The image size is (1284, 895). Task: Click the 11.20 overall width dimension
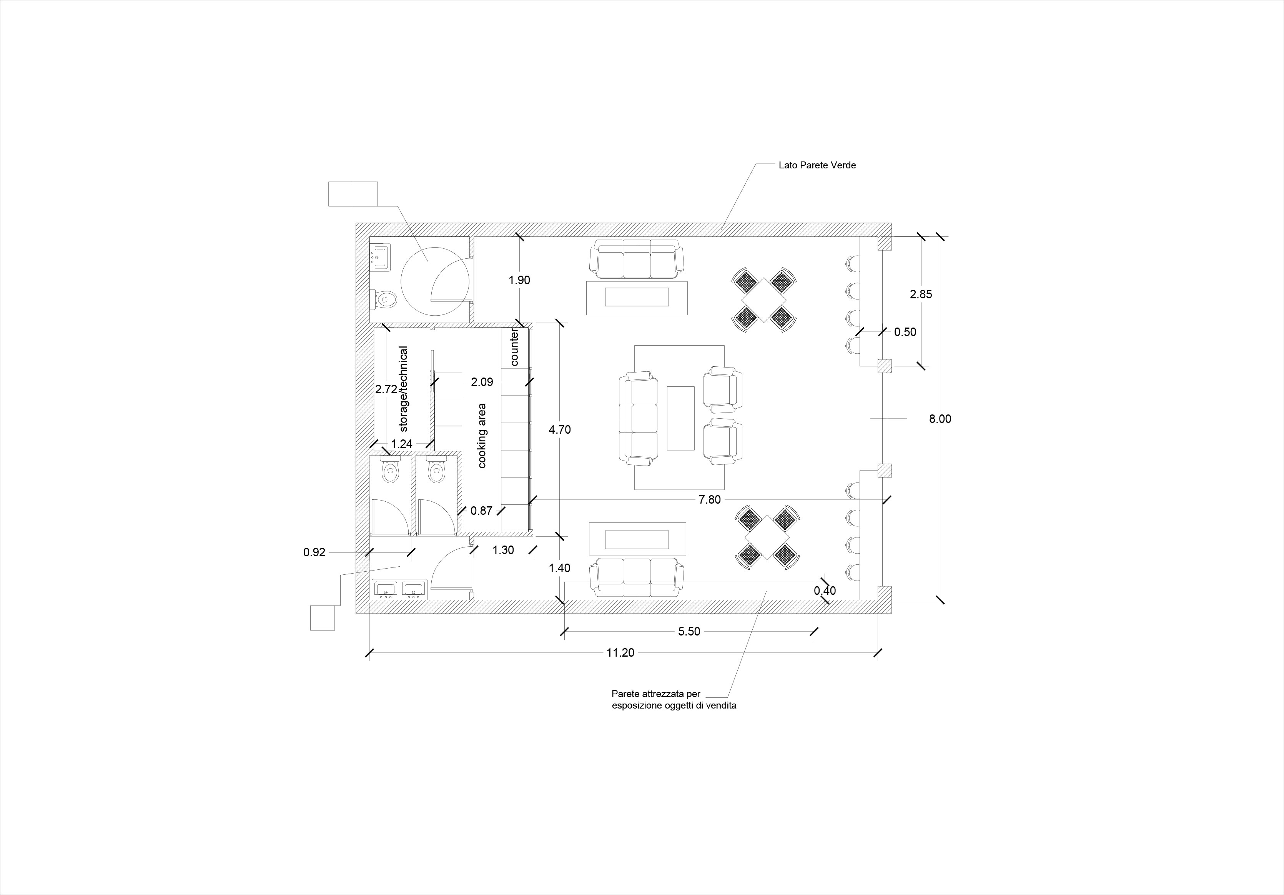[x=620, y=652]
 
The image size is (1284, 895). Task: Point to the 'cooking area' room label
[x=482, y=436]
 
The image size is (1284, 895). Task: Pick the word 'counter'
[x=514, y=348]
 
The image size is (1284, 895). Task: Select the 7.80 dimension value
[x=710, y=499]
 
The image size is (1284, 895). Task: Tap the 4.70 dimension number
[x=560, y=429]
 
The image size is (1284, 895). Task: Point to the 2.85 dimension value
[x=921, y=294]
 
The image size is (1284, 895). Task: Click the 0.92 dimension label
[x=314, y=552]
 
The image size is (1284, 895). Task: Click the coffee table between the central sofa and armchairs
[x=680, y=418]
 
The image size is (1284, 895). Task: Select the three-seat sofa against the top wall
[x=636, y=259]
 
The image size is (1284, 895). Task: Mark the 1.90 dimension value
[x=519, y=280]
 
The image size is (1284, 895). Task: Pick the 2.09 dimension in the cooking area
[x=482, y=382]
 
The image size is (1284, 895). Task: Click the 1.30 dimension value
[x=503, y=550]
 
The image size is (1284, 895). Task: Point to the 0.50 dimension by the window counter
[x=905, y=332]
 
